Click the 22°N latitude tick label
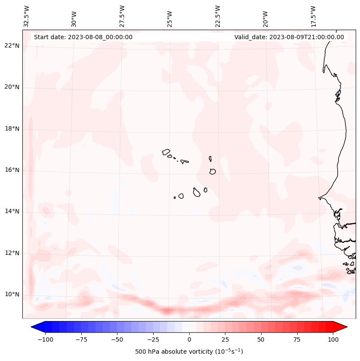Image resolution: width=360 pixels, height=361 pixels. (x=12, y=46)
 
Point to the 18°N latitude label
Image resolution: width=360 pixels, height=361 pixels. (x=12, y=129)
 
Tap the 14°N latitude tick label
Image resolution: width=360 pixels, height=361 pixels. (x=12, y=211)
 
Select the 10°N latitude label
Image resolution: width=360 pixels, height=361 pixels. (x=12, y=294)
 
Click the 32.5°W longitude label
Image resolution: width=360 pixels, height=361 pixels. (x=27, y=16)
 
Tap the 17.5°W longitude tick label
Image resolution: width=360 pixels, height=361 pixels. (x=313, y=16)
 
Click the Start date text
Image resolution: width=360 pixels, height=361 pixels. (x=83, y=37)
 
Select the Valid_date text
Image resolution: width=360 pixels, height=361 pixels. (x=289, y=37)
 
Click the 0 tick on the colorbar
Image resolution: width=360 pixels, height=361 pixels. (x=189, y=339)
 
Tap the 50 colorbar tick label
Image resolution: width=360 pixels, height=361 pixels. (x=261, y=339)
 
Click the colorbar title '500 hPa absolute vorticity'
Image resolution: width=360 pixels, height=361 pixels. (x=189, y=352)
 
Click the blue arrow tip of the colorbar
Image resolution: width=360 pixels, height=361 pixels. (x=35, y=327)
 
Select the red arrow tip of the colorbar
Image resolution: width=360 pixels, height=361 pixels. (x=343, y=327)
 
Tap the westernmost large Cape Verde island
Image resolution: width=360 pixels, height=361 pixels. (x=166, y=152)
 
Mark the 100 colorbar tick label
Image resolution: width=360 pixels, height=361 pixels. (x=333, y=339)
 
